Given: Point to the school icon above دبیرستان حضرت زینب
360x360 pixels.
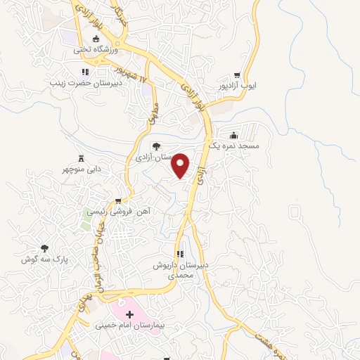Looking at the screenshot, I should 85,72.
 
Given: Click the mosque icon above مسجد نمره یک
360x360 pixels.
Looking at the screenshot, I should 234,136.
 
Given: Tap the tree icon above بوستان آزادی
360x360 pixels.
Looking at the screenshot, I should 155,146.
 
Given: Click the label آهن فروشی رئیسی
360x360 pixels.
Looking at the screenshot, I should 119,210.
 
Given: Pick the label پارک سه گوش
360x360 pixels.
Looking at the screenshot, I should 44,259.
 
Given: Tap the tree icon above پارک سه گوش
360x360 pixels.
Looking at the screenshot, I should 45,248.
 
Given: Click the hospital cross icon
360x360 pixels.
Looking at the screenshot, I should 129,314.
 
